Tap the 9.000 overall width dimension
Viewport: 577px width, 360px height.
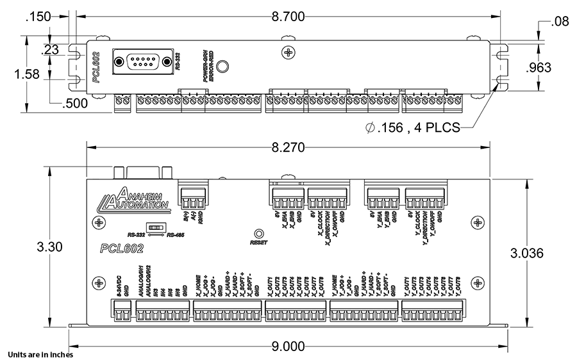[x=287, y=347]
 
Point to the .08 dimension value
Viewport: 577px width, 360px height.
[x=559, y=24]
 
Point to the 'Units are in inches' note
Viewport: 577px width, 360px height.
[x=40, y=354]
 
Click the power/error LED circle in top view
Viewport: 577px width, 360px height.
[x=222, y=67]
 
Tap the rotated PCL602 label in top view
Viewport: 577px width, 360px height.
[x=96, y=68]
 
